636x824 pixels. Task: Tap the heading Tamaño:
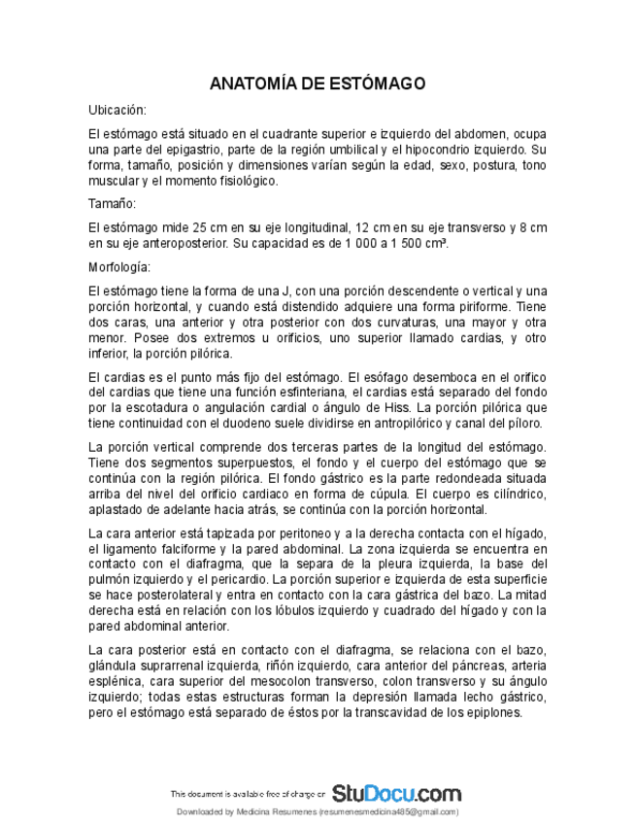(x=112, y=204)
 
